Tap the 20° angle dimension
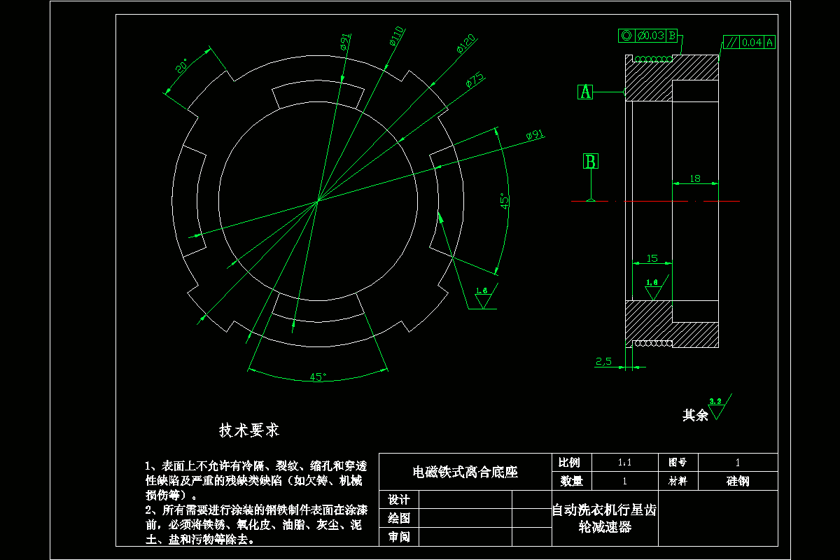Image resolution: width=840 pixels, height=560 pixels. point(181,66)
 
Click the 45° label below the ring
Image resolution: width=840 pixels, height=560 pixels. point(318,377)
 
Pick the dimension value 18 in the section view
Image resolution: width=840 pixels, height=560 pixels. point(695,178)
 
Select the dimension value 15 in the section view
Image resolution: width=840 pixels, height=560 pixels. point(652,258)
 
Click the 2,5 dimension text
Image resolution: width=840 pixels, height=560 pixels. point(603,361)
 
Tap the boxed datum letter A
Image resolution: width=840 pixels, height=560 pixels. point(586,92)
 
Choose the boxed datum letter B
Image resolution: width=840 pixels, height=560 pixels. point(591,162)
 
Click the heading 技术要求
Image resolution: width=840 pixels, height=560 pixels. point(249,430)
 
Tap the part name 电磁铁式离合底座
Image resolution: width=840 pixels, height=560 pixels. point(465,472)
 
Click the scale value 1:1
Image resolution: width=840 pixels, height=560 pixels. point(624,463)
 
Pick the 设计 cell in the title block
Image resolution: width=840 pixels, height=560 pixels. point(398,500)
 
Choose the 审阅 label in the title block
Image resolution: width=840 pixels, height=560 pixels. point(398,537)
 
